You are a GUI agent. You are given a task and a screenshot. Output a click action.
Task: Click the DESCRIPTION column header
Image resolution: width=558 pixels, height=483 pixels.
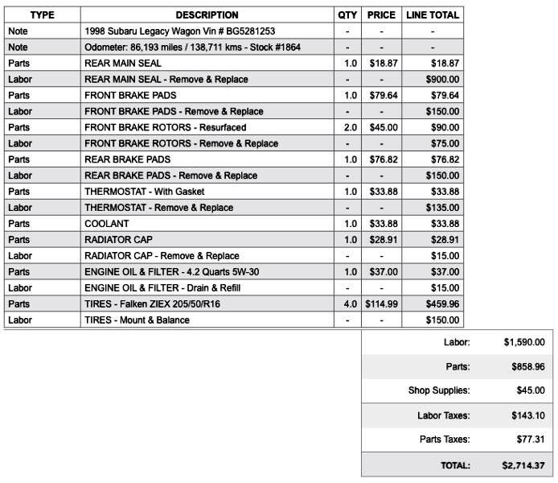pyautogui.click(x=207, y=14)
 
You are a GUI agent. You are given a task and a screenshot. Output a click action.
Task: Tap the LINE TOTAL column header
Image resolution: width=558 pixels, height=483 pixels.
pyautogui.click(x=433, y=14)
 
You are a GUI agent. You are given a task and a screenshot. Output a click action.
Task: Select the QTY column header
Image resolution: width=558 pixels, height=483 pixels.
pyautogui.click(x=347, y=14)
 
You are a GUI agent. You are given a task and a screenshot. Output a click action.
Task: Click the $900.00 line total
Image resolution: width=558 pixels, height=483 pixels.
pyautogui.click(x=443, y=79)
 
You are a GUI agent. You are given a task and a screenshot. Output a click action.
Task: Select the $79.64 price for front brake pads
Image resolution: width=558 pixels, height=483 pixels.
pyautogui.click(x=381, y=95)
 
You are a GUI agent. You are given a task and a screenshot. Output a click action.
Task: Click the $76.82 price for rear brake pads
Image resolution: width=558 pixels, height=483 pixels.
pyautogui.click(x=381, y=159)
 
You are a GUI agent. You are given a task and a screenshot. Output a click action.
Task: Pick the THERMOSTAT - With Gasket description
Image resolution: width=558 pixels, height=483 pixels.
pyautogui.click(x=145, y=192)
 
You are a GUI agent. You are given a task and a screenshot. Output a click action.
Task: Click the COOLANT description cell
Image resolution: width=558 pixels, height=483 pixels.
pyautogui.click(x=106, y=224)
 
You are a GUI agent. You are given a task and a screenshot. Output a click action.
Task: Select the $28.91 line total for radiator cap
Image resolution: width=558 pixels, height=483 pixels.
pyautogui.click(x=445, y=240)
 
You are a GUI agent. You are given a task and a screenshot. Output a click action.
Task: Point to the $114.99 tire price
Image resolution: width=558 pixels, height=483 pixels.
pyautogui.click(x=381, y=304)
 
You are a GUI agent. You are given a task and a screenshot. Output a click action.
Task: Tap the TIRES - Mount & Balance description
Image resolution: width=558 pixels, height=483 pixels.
pyautogui.click(x=137, y=320)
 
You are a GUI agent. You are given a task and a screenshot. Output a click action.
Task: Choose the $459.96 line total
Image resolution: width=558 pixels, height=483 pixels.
pyautogui.click(x=443, y=304)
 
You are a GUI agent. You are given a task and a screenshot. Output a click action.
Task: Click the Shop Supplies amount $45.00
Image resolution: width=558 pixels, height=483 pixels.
pyautogui.click(x=528, y=390)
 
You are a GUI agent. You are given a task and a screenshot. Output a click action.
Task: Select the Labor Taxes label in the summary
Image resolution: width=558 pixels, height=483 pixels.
pyautogui.click(x=443, y=415)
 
